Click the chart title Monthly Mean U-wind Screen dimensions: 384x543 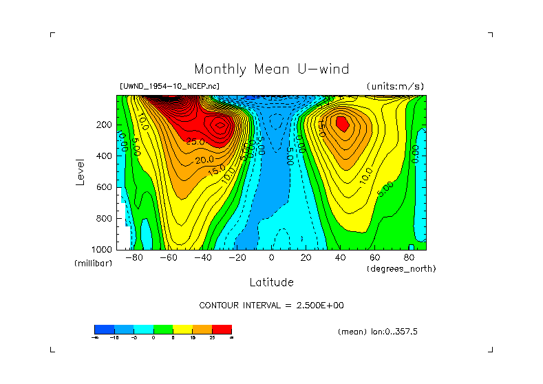[x=271, y=69]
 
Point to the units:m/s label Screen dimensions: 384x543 [x=395, y=86]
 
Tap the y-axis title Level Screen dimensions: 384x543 [x=81, y=171]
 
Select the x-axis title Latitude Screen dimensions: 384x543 [x=271, y=282]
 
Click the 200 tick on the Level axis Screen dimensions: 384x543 [x=105, y=125]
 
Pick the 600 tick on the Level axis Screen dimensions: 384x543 [x=105, y=187]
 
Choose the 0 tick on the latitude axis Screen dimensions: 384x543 [x=271, y=258]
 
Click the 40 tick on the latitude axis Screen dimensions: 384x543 [x=340, y=258]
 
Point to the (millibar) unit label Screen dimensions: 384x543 [x=93, y=264]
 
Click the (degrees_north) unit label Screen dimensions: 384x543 [x=401, y=268]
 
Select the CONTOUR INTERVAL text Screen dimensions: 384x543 [x=271, y=305]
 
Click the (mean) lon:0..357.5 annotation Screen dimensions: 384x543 [x=378, y=331]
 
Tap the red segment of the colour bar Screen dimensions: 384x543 [x=222, y=329]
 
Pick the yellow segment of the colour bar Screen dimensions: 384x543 [x=182, y=329]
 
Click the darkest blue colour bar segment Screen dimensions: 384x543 [x=103, y=329]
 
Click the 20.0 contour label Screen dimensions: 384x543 [x=203, y=160]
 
